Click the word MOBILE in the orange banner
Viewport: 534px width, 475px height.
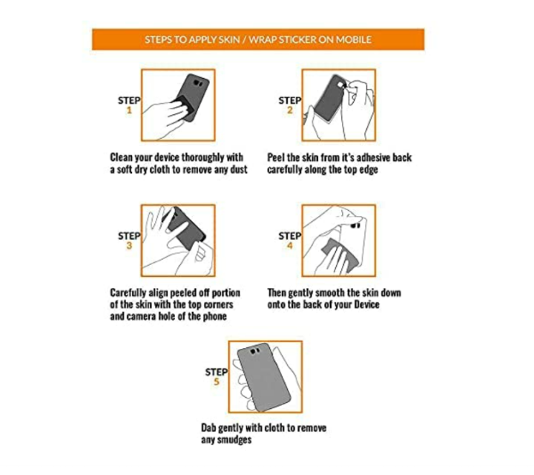pos(354,39)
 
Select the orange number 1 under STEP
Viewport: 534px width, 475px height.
pos(129,110)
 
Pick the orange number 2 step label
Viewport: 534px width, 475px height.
pos(290,110)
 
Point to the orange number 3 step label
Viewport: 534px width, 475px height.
pos(129,246)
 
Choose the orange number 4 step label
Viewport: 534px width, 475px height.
pos(290,246)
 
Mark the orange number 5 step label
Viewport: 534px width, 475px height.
pos(217,381)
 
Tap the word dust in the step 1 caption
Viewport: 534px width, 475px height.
pos(238,169)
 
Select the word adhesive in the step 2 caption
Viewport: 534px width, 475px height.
pos(373,157)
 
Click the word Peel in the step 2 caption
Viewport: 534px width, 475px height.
pos(276,157)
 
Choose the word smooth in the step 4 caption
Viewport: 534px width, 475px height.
pos(330,292)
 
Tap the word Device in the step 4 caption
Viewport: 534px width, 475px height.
pos(367,304)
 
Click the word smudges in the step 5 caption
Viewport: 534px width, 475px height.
pos(234,440)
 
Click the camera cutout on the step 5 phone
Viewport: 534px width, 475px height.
pos(255,351)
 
